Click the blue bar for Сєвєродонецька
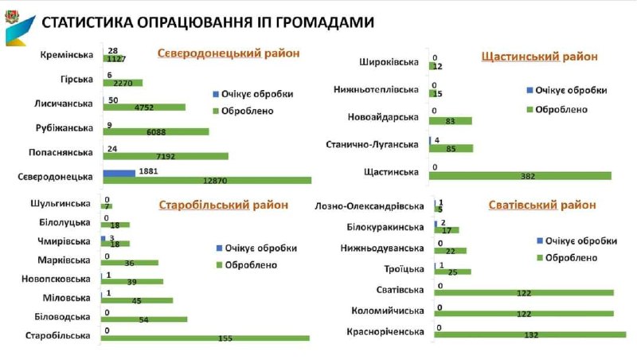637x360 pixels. pos(119,172)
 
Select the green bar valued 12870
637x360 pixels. pos(207,180)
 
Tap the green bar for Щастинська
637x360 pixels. pos(521,175)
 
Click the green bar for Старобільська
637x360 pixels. pos(205,338)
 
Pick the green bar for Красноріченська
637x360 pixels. pos(530,335)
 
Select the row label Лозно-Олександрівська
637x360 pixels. pos(369,205)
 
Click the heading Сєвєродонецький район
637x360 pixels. pos(229,53)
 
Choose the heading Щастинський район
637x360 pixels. pos(540,57)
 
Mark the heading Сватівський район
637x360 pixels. pos(542,205)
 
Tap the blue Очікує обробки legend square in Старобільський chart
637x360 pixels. pos(217,248)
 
